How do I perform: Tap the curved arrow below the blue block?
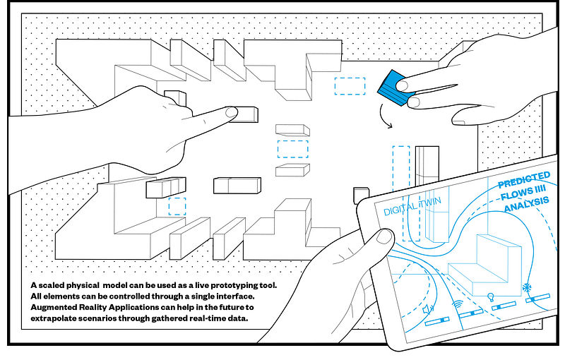pos(382,116)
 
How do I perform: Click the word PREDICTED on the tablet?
pos(524,179)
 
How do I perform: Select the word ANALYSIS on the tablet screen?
pos(526,204)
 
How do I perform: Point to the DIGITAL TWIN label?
pos(412,206)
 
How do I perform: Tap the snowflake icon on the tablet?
pos(527,287)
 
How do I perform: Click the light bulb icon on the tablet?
pos(490,297)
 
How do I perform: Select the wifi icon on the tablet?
pos(457,304)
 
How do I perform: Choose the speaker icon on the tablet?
pos(428,309)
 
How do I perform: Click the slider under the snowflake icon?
pos(537,298)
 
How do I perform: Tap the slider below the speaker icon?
pos(437,321)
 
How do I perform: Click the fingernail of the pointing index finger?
pos(232,112)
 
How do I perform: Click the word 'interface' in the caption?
pos(235,296)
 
